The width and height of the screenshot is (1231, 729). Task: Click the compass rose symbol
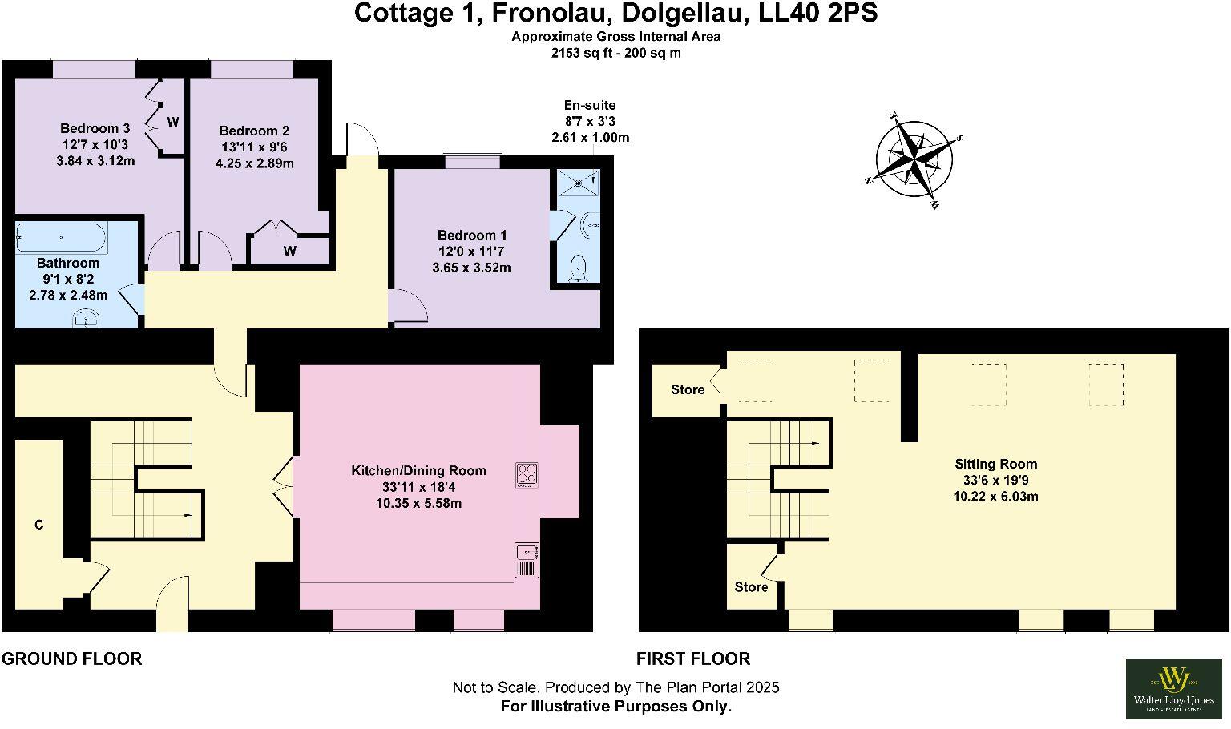914,159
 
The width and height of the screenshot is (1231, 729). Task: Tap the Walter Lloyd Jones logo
1174,688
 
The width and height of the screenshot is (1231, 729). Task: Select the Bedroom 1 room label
471,235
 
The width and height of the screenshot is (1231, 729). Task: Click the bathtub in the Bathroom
61,238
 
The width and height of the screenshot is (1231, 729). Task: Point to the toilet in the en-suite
577,268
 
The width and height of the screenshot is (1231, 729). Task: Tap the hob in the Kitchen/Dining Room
527,474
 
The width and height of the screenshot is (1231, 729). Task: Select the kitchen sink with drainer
527,559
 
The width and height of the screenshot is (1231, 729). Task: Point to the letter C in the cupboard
38,526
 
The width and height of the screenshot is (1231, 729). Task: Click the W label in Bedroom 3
172,122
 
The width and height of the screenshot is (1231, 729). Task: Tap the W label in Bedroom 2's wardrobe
289,251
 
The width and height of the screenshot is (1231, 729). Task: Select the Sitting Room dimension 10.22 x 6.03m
995,496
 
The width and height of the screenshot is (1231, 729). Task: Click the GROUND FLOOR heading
71,659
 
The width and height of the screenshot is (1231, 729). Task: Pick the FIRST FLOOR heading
693,659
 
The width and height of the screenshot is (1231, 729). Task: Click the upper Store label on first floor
688,389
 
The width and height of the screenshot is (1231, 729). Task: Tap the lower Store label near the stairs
751,587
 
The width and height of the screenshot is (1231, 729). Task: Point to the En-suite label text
590,105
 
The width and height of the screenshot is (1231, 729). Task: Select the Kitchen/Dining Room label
418,470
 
